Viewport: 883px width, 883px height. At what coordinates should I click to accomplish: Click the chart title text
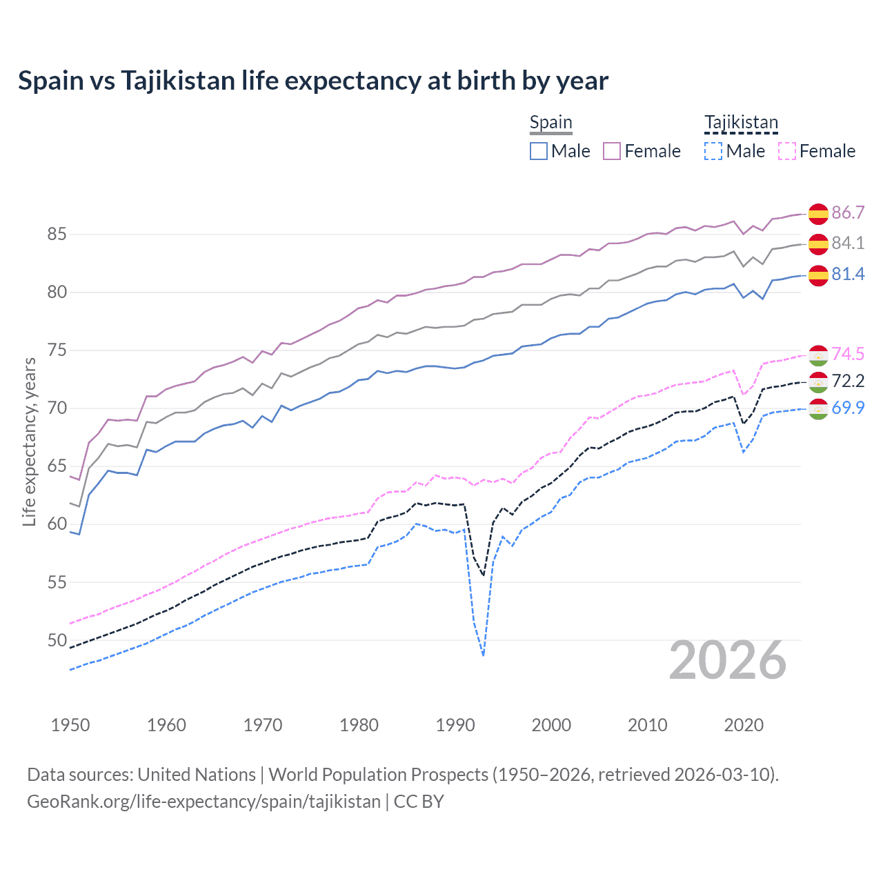[x=313, y=81]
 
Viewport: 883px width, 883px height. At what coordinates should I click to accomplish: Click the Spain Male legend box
[x=539, y=151]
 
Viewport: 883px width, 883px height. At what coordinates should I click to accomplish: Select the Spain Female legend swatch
[x=612, y=151]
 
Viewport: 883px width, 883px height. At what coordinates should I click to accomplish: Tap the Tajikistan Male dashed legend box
[x=713, y=151]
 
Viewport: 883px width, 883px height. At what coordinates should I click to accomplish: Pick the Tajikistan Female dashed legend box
[x=786, y=151]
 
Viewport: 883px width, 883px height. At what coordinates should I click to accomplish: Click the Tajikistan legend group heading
[x=741, y=123]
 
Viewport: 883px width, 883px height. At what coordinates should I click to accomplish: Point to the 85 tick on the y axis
[x=57, y=235]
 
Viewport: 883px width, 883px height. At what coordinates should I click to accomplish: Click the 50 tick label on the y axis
[x=57, y=640]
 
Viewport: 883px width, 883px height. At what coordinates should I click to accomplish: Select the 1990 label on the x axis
[x=455, y=725]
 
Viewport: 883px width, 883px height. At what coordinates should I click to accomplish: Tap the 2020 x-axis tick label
[x=744, y=725]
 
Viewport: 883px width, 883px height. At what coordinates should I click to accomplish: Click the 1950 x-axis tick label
[x=70, y=725]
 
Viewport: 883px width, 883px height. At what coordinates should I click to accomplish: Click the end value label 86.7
[x=848, y=212]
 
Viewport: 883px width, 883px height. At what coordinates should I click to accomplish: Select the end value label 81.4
[x=848, y=274]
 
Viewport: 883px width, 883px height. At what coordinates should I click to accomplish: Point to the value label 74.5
[x=848, y=354]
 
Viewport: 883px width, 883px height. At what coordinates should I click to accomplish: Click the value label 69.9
[x=848, y=408]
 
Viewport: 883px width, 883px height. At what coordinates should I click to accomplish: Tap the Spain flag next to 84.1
[x=818, y=244]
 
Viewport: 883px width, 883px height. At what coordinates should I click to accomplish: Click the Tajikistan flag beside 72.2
[x=818, y=381]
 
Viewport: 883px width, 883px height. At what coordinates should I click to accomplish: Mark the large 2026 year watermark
[x=728, y=660]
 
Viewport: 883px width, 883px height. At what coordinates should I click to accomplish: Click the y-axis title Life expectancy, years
[x=29, y=442]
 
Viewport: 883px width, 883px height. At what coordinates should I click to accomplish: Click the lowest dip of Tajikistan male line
[x=483, y=655]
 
